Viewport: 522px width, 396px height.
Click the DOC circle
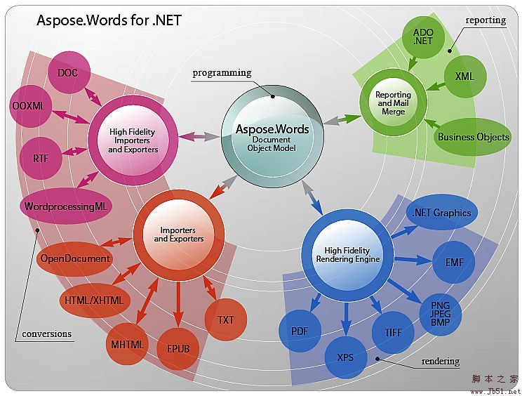tap(68, 72)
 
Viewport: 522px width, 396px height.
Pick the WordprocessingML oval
tap(69, 206)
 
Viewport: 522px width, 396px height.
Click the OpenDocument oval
tap(74, 258)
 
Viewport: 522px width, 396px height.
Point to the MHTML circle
tap(128, 344)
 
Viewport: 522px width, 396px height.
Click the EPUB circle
tap(178, 348)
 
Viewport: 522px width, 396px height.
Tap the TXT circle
tap(225, 320)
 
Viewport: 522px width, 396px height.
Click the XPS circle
tap(345, 357)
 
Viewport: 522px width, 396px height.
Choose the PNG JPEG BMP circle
tap(440, 313)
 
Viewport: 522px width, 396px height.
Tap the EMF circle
tap(453, 262)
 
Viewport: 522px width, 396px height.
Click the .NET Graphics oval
tap(442, 213)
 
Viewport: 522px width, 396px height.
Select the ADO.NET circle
tap(423, 37)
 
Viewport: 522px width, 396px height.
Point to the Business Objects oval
tap(474, 137)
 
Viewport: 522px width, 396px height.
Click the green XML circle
tap(464, 77)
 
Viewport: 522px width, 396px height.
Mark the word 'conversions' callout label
tap(47, 334)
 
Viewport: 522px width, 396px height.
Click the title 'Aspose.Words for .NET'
tap(109, 20)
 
